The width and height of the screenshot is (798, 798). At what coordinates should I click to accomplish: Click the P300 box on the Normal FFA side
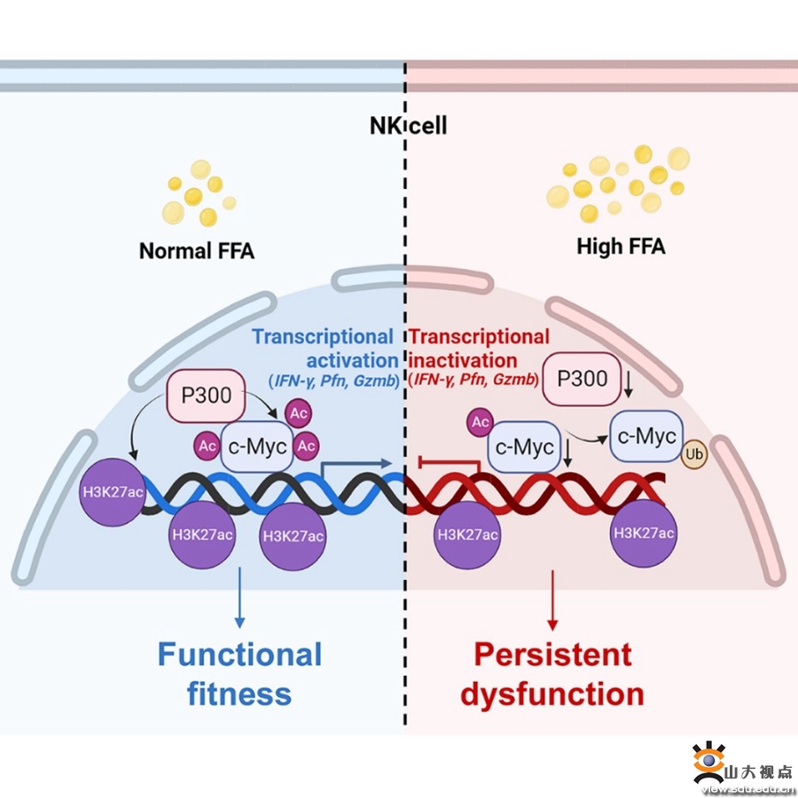click(206, 395)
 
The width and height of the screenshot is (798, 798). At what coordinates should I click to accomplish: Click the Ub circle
click(695, 456)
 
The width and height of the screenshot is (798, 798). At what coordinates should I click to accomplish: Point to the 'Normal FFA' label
click(197, 251)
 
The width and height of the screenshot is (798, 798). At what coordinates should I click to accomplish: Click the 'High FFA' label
click(621, 246)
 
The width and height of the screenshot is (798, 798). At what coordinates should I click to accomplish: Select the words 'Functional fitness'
click(239, 674)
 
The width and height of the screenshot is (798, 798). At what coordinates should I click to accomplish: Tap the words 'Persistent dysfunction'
click(552, 674)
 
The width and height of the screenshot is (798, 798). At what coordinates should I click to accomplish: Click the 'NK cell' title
click(408, 125)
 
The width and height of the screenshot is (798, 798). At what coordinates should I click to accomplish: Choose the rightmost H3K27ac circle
click(644, 533)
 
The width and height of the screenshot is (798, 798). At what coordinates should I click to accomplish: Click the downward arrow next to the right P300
click(628, 383)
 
